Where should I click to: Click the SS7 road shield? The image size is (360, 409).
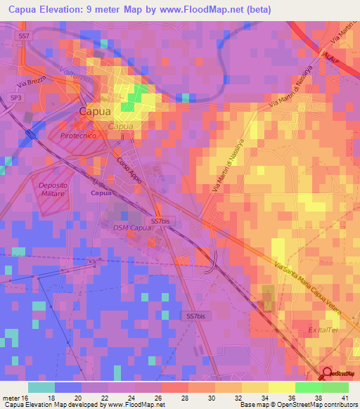click(x=25, y=35)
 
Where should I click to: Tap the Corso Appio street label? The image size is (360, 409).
click(x=129, y=171)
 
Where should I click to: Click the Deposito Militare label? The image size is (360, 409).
click(x=48, y=186)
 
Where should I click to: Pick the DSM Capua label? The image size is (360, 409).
click(x=131, y=227)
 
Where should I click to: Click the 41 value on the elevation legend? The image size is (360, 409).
click(x=345, y=397)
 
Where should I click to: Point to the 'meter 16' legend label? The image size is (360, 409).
click(x=16, y=397)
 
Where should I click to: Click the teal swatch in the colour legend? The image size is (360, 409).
click(x=41, y=387)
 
